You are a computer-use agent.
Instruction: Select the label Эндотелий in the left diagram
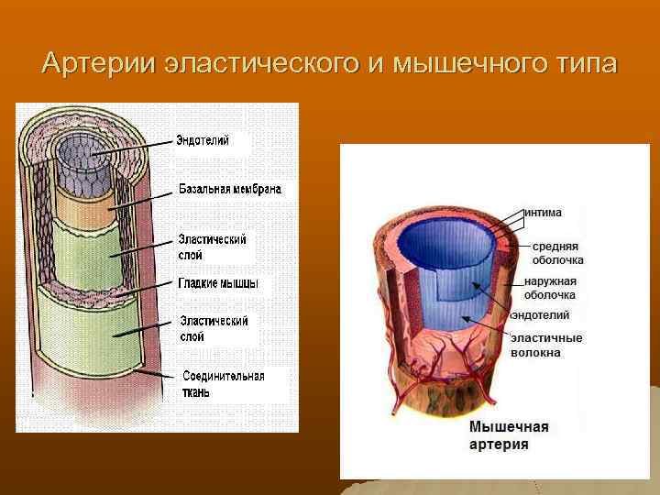point(203,140)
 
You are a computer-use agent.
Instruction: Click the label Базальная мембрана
point(229,189)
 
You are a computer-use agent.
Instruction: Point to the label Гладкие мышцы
point(218,283)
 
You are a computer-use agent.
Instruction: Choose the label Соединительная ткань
point(224,384)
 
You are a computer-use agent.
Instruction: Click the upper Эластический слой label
point(213,247)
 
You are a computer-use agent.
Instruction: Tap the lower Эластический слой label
point(214,328)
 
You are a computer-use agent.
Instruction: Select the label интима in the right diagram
point(543,212)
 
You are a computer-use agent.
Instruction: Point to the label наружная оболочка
point(550,288)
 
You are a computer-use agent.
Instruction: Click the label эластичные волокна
point(546,344)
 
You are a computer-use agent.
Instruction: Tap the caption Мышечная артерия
point(509,434)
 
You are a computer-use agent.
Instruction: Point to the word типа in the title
point(586,65)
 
